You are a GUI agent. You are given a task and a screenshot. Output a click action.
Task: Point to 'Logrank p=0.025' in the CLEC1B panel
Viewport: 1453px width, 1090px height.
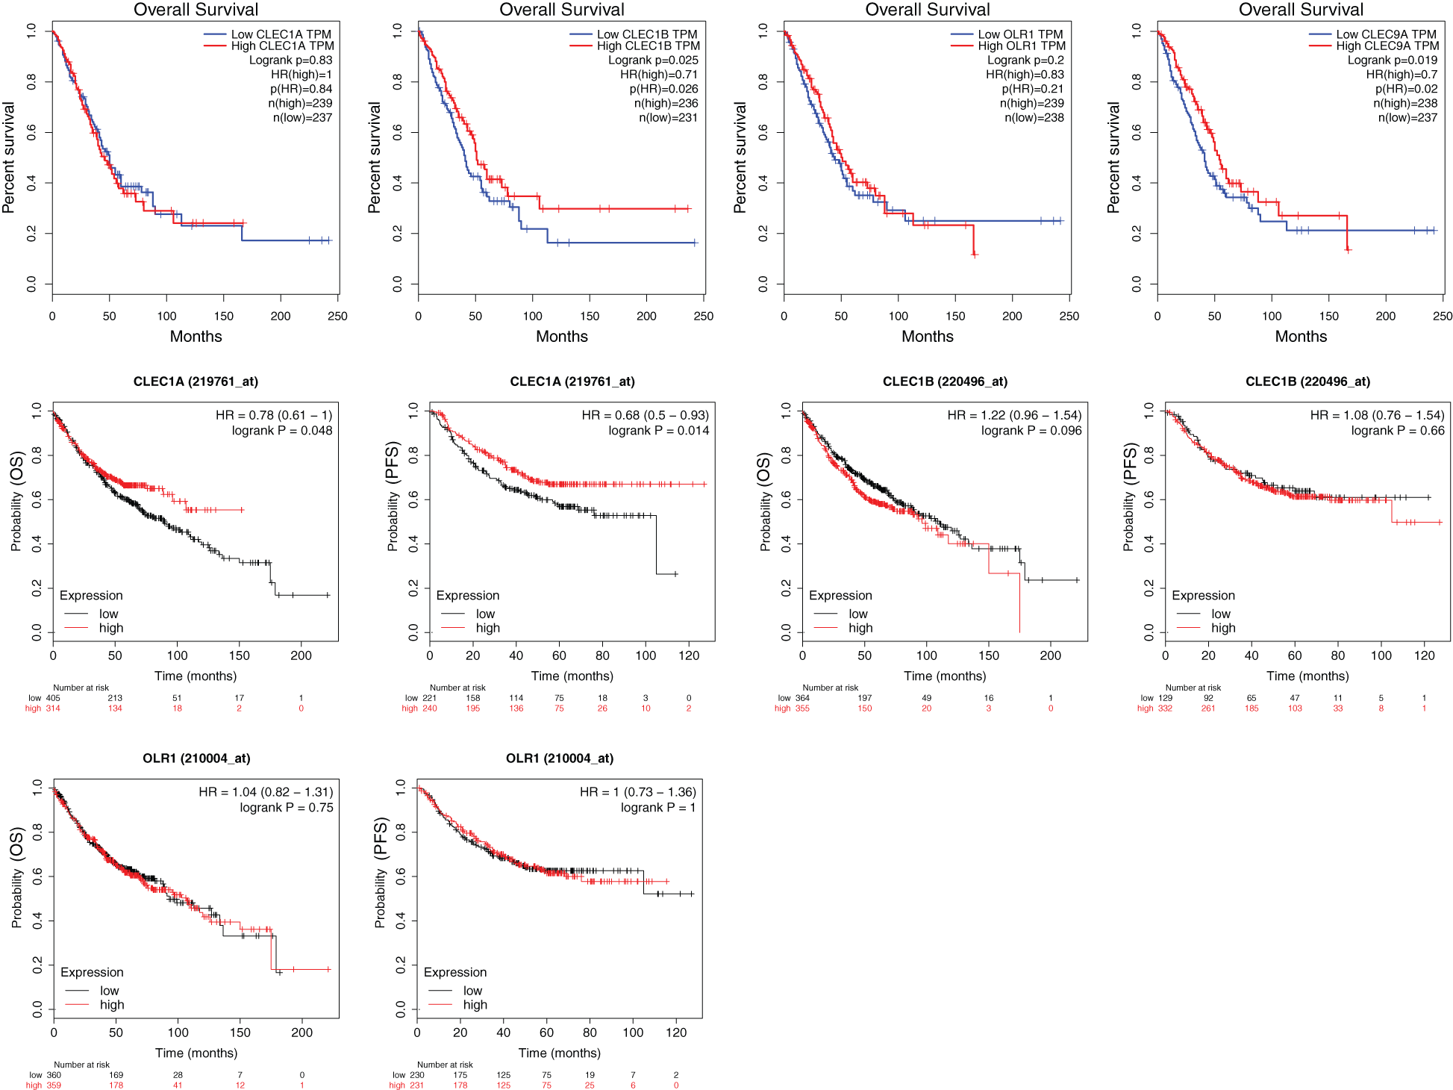pos(653,60)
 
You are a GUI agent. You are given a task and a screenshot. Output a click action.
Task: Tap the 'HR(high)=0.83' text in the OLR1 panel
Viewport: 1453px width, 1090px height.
pos(1025,75)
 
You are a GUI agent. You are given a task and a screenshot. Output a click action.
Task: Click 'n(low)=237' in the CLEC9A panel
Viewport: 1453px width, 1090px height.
pos(1407,118)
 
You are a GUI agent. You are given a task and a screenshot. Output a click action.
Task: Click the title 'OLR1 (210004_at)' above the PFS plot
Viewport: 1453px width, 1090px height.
pos(560,759)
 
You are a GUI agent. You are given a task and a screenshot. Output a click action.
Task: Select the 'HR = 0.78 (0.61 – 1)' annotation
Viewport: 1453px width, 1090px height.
pos(274,415)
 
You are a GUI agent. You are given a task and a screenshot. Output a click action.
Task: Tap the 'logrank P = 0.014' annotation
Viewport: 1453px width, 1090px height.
pos(658,431)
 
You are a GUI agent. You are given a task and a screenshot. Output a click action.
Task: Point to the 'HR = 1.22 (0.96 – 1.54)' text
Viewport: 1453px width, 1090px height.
pos(1014,415)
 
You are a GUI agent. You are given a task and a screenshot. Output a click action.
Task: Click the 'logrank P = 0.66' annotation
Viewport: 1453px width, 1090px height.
pos(1398,431)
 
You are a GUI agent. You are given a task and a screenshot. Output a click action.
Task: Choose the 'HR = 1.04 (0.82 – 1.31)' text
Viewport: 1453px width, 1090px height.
pos(266,792)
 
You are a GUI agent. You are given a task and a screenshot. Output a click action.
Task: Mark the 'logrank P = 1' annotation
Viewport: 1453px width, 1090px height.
pos(657,808)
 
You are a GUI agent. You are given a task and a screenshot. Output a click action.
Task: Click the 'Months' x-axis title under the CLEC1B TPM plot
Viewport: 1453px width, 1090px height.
pos(562,337)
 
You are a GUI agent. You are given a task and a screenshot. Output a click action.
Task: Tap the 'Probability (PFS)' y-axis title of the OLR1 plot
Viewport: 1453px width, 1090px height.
pos(381,872)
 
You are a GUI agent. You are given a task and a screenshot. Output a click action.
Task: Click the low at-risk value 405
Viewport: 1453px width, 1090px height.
pos(53,698)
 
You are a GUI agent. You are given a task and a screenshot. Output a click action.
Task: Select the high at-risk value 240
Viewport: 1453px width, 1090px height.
pos(430,708)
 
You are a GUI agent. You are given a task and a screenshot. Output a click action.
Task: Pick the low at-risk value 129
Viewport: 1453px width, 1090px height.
pos(1165,698)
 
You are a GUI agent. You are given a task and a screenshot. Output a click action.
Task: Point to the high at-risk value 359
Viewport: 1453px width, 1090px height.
pos(54,1086)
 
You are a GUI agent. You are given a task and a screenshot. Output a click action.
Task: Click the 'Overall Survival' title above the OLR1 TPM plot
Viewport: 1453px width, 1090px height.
pos(928,10)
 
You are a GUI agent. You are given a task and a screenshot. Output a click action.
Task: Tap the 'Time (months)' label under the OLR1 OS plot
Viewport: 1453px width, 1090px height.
pos(196,1053)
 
